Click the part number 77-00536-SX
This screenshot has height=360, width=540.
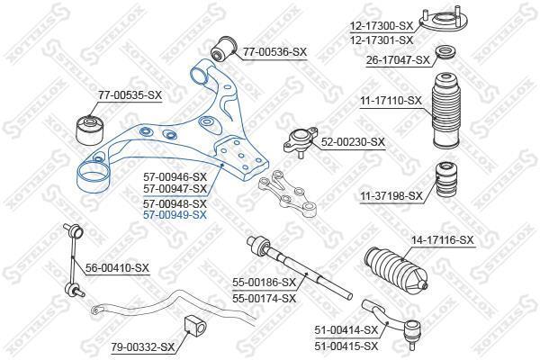tap(274, 52)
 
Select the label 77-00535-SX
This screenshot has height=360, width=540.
tap(130, 94)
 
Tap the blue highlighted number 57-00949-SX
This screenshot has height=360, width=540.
tap(175, 215)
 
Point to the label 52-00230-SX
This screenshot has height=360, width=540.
tap(353, 142)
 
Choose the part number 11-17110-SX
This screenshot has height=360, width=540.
tap(391, 101)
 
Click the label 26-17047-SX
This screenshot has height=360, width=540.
tap(398, 60)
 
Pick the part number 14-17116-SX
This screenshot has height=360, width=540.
tap(443, 239)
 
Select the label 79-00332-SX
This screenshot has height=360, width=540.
tap(143, 346)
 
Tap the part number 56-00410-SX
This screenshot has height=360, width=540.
tap(117, 267)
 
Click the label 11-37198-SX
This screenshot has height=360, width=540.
tap(391, 196)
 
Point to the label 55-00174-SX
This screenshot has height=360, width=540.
tap(264, 298)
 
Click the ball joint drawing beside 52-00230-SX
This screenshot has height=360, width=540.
tap(301, 141)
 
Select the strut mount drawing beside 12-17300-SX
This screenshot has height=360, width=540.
tap(444, 21)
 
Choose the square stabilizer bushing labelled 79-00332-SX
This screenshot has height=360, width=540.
tap(195, 327)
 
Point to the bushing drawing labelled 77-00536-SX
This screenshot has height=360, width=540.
tap(224, 49)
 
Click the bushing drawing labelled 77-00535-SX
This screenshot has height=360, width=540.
tap(90, 130)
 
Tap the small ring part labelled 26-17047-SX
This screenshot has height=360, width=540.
tap(446, 53)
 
